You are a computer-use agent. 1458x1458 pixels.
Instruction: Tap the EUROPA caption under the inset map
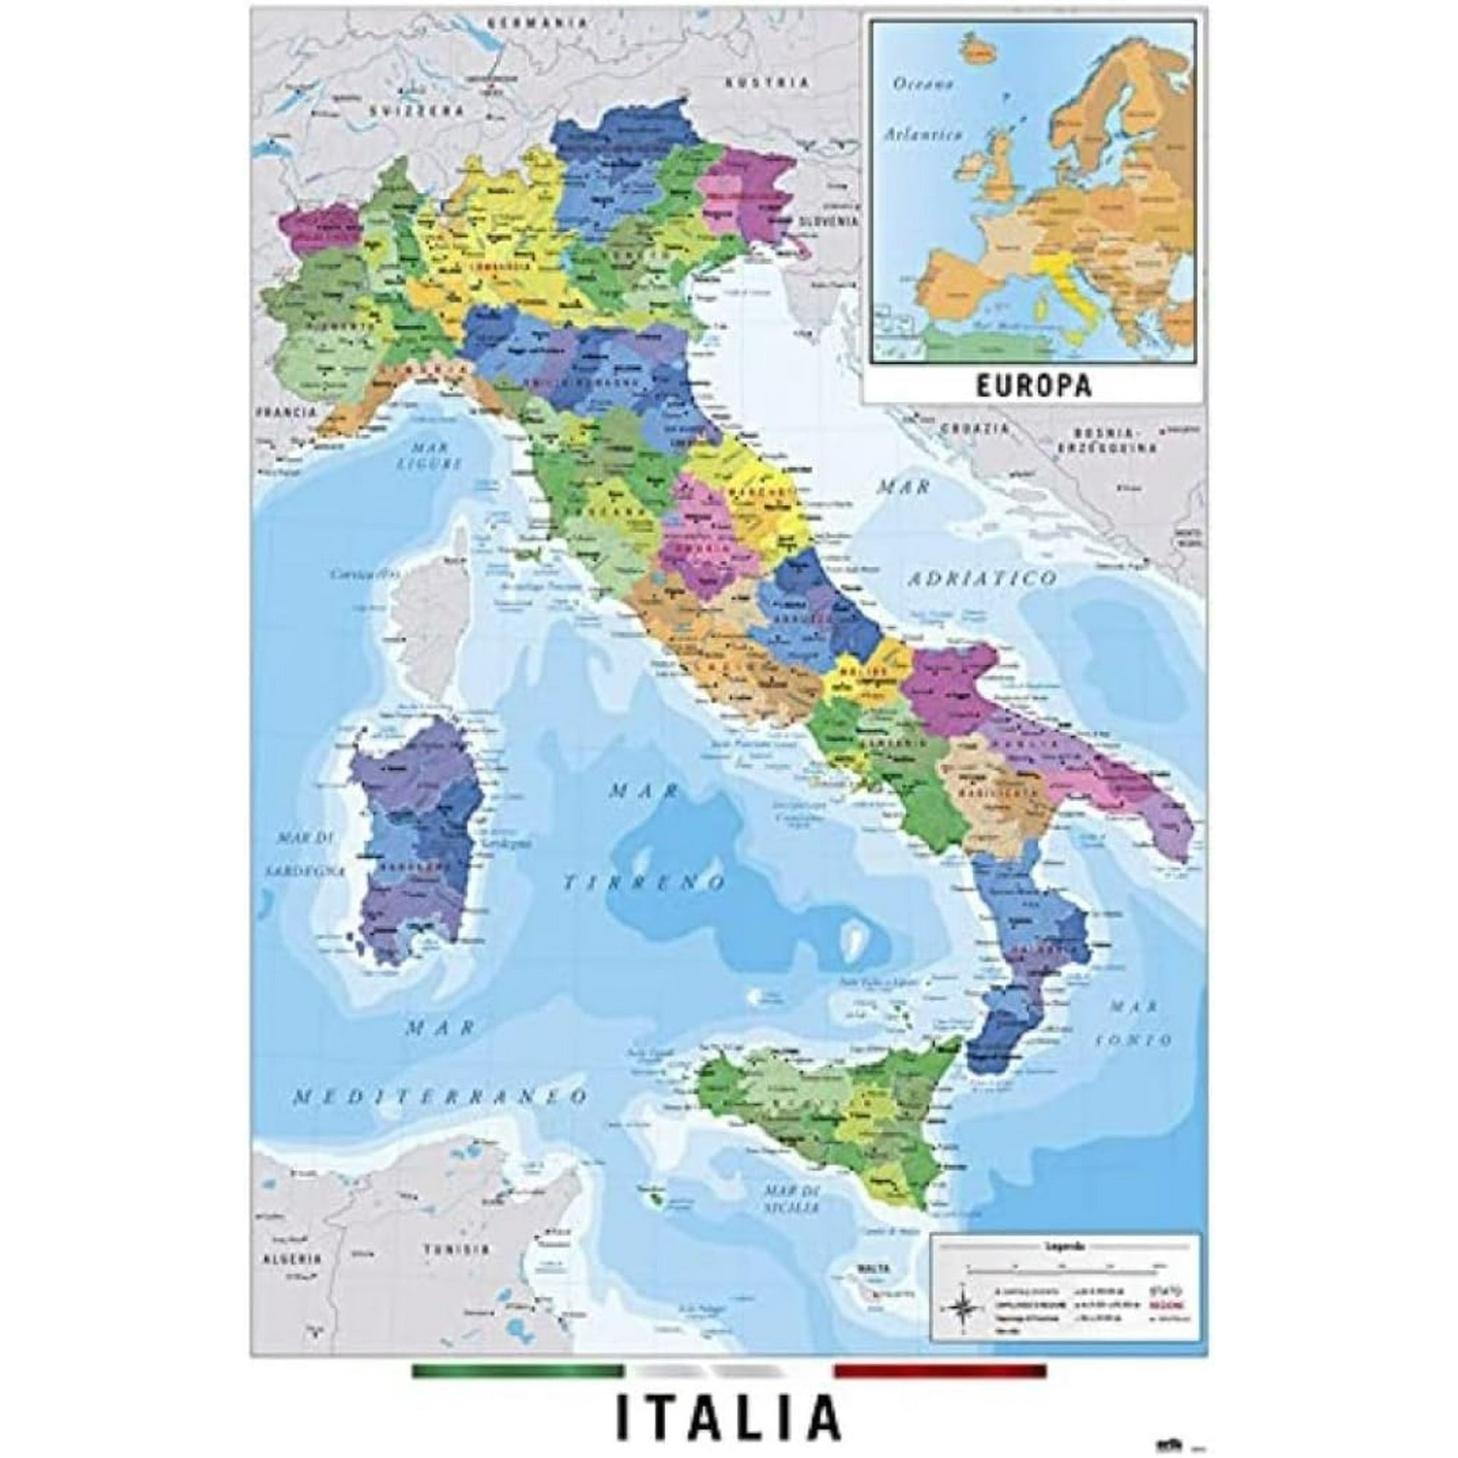[1033, 386]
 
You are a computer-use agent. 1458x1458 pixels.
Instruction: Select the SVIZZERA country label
[416, 110]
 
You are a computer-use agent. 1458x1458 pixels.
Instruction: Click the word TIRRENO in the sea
[645, 881]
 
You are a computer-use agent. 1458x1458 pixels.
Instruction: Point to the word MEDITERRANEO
[440, 1096]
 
